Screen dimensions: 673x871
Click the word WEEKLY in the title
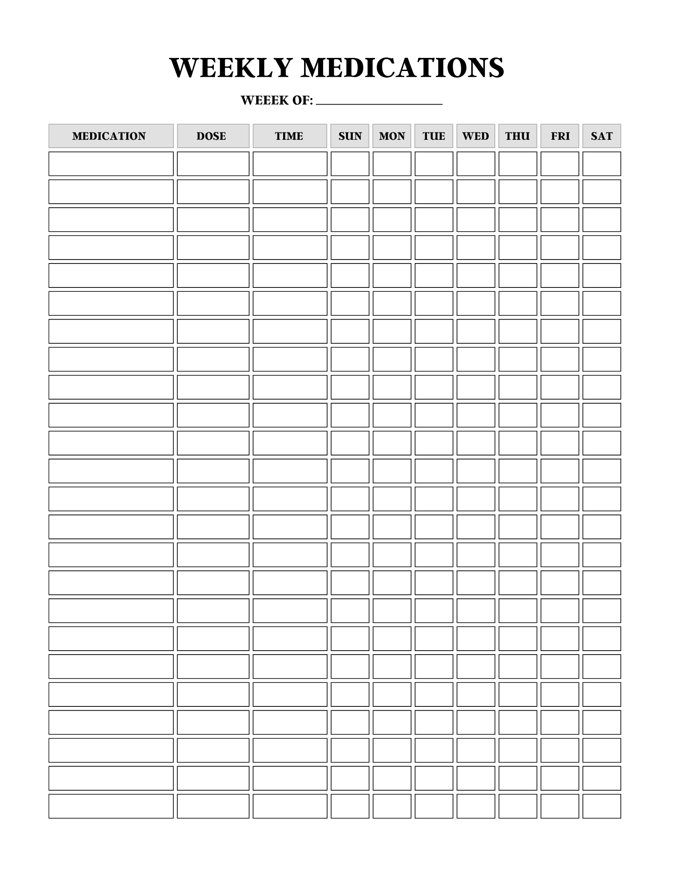point(230,68)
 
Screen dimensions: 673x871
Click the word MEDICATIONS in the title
point(402,68)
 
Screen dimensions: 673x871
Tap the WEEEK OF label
point(277,101)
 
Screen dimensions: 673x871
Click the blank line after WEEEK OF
point(379,102)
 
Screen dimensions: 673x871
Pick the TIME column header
point(290,136)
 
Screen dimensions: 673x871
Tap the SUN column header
point(350,136)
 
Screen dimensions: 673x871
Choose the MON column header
point(392,136)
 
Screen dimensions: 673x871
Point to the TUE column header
point(434,136)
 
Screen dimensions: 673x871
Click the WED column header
point(476,136)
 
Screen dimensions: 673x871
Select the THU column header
point(517,136)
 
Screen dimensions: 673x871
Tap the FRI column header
point(560,136)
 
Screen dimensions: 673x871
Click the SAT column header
point(602,136)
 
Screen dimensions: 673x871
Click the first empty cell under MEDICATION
point(111,164)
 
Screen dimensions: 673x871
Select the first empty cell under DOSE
point(213,164)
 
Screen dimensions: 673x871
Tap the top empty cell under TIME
point(290,164)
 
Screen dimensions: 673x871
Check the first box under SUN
point(350,164)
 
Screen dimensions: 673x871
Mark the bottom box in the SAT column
point(602,806)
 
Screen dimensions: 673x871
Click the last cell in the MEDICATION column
point(111,806)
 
